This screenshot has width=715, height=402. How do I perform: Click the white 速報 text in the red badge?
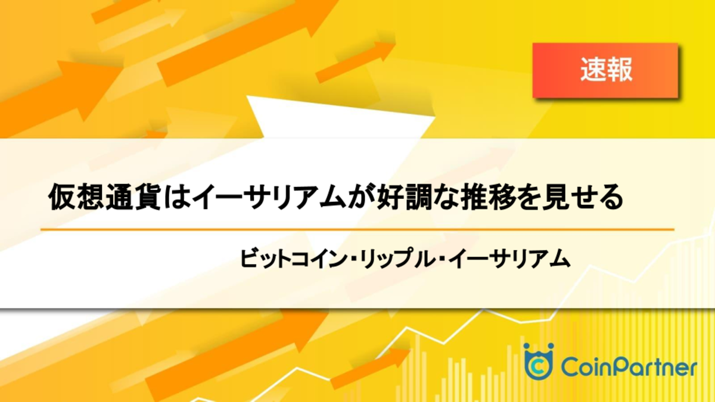[606, 70]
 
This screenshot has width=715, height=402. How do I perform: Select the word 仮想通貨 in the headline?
[104, 197]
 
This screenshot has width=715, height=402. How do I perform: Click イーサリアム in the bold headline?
[269, 197]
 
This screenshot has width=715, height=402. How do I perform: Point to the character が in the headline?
[361, 197]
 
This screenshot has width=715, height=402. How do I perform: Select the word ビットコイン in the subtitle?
[294, 258]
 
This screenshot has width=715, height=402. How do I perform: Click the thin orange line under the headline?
[357, 229]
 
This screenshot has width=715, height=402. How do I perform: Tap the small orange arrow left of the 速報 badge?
[355, 62]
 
